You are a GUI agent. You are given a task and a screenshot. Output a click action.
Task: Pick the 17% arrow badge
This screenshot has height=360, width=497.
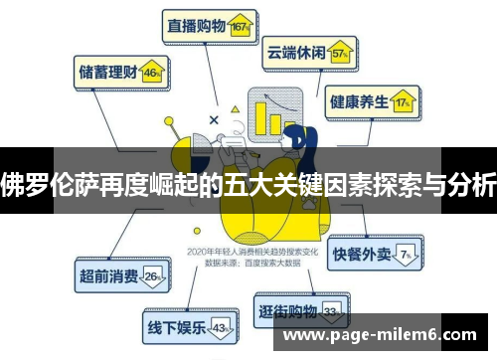coord(404,102)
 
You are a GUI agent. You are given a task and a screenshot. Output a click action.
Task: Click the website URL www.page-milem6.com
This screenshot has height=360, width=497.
coord(379,337)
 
